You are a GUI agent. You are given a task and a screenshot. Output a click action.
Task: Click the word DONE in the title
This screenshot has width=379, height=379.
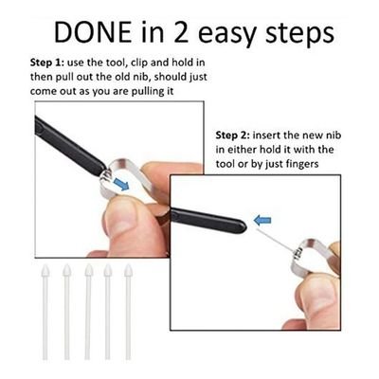tap(93, 32)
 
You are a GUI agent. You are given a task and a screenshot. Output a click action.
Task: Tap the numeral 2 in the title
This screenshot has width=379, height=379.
tap(182, 32)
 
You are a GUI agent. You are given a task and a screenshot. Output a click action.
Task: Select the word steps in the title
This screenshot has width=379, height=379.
tap(300, 33)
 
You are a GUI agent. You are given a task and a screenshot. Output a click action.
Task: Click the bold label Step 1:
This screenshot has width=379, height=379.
tap(47, 63)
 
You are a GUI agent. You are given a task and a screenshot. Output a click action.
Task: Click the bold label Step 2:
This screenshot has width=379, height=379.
tap(233, 135)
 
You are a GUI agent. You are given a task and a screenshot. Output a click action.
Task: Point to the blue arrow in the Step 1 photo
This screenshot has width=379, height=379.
tap(121, 184)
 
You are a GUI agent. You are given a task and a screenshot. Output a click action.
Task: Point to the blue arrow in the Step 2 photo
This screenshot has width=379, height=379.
tap(262, 220)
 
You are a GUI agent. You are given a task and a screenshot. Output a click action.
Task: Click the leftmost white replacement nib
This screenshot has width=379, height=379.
tap(45, 312)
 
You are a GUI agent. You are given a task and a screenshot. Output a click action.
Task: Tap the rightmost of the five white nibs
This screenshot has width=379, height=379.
tap(128, 312)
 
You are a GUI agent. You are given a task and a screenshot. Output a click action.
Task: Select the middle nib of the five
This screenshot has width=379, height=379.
tap(88, 312)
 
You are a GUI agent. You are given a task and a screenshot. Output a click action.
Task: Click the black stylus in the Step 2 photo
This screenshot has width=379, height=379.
tap(208, 220)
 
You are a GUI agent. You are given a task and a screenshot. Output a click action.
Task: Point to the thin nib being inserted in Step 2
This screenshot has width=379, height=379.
tap(274, 241)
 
